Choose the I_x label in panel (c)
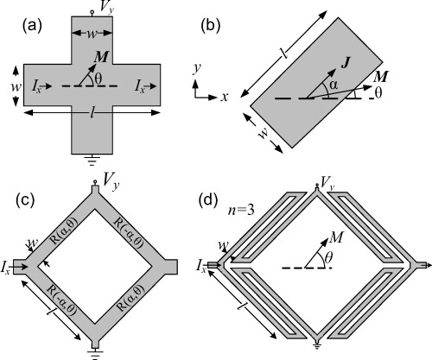tap(10, 264)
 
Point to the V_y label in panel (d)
tap(327, 182)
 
